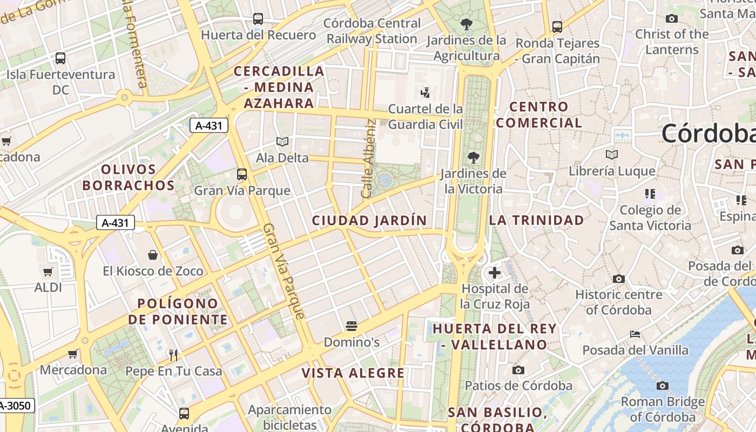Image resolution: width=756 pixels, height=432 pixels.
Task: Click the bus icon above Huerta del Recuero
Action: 258,19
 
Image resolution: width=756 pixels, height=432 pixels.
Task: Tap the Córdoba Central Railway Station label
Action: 372,31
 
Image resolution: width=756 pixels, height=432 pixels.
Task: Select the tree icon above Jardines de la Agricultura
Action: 466,24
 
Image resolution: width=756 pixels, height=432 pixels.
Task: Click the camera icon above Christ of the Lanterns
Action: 672,18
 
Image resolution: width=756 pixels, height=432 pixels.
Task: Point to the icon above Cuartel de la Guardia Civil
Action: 426,92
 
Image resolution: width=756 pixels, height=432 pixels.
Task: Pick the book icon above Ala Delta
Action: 282,141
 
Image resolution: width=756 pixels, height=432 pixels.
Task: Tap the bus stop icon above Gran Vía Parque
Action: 242,174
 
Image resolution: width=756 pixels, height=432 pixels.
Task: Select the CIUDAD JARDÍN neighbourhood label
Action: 369,220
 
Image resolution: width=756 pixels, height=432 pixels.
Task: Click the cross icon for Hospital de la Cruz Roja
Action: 494,273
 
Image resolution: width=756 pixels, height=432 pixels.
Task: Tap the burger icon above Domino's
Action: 352,326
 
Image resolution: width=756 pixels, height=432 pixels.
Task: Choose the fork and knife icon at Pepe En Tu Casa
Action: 173,355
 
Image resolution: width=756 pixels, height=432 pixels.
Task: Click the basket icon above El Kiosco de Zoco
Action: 153,254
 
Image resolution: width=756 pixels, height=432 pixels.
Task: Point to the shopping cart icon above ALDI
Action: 48,272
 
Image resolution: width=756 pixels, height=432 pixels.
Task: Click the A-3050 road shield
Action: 16,406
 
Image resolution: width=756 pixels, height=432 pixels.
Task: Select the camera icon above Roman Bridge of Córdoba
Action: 663,386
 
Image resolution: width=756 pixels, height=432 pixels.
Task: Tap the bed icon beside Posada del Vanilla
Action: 635,334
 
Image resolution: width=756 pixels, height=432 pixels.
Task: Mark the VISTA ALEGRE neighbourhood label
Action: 353,373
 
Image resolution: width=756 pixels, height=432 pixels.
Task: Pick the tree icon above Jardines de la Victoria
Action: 474,158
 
